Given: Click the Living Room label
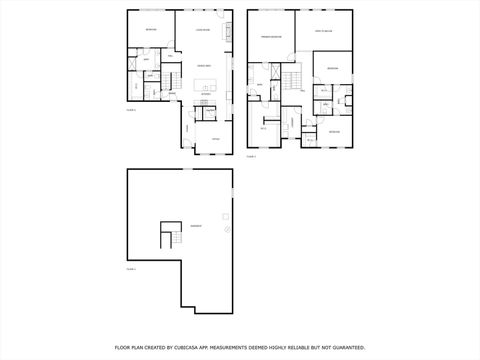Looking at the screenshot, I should pyautogui.click(x=202, y=31).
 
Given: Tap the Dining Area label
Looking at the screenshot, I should pyautogui.click(x=203, y=65).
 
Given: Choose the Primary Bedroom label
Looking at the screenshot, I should pyautogui.click(x=271, y=37).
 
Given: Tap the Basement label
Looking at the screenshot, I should pyautogui.click(x=196, y=227).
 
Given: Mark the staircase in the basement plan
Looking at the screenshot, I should pyautogui.click(x=167, y=238).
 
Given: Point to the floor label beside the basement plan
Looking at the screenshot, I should pyautogui.click(x=130, y=269).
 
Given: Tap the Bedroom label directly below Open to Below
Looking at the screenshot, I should pyautogui.click(x=333, y=69).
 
